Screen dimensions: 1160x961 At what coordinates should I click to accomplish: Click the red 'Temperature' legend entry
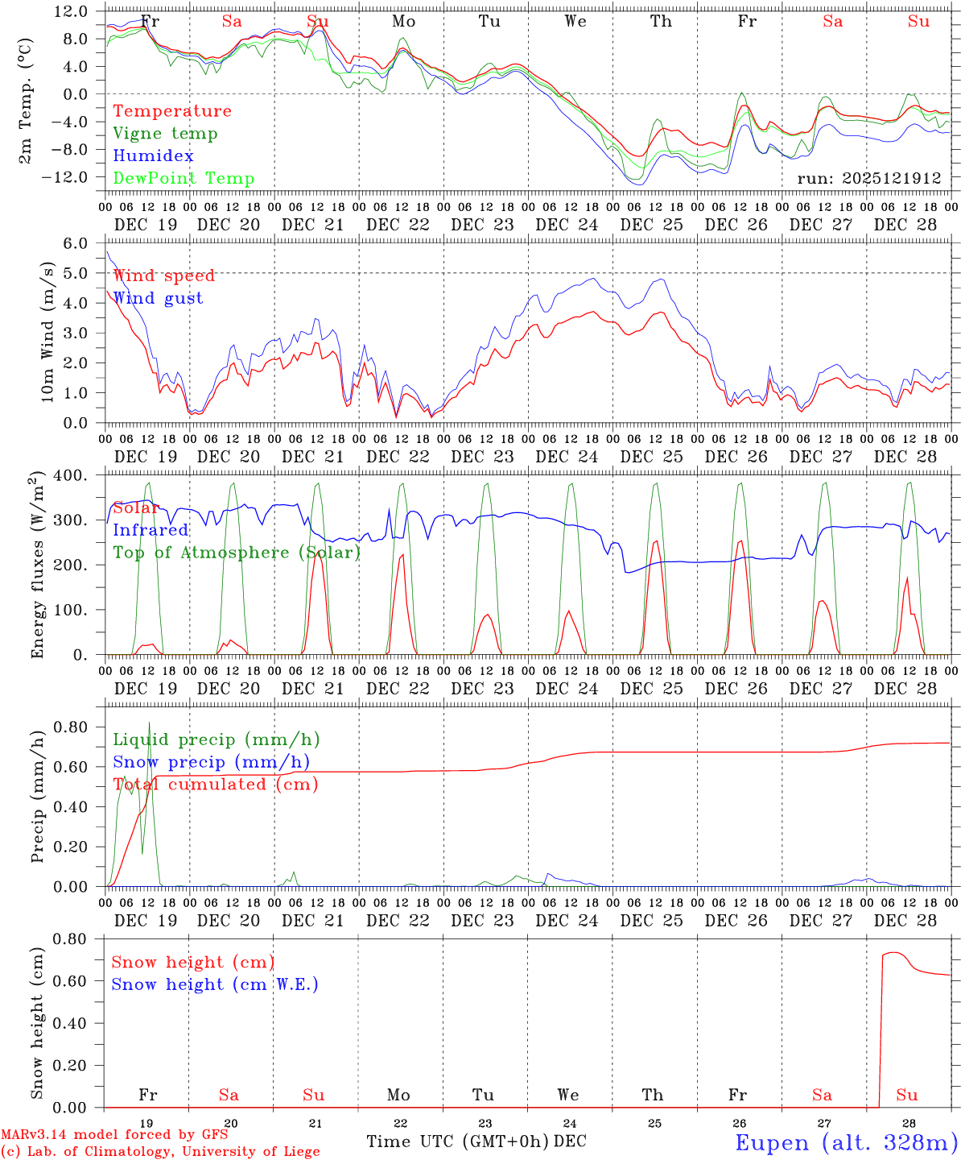[171, 111]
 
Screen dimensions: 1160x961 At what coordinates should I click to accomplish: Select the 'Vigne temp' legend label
[165, 134]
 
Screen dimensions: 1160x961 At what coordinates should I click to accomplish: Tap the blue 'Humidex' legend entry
[153, 156]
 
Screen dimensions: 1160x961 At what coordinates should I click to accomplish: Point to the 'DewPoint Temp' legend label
[184, 179]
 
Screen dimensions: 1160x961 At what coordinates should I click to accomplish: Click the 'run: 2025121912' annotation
[869, 178]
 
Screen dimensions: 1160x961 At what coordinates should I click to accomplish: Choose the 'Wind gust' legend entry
[158, 298]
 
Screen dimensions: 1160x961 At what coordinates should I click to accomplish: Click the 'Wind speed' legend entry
[163, 275]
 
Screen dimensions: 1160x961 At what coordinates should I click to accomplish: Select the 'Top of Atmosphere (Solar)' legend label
[237, 553]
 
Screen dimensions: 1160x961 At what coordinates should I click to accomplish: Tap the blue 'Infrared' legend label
[151, 530]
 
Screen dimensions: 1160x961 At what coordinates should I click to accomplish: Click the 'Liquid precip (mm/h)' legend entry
[216, 739]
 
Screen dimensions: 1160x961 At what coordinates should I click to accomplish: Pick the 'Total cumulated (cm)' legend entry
[215, 785]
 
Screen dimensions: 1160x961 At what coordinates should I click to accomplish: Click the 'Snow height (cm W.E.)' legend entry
[215, 984]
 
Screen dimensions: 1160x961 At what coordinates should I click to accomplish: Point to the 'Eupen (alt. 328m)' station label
[846, 1142]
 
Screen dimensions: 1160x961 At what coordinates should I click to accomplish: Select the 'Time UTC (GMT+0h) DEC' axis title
[476, 1141]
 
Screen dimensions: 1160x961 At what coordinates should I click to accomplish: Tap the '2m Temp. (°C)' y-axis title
[26, 101]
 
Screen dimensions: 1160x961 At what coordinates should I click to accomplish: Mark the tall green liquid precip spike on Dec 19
[149, 725]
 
